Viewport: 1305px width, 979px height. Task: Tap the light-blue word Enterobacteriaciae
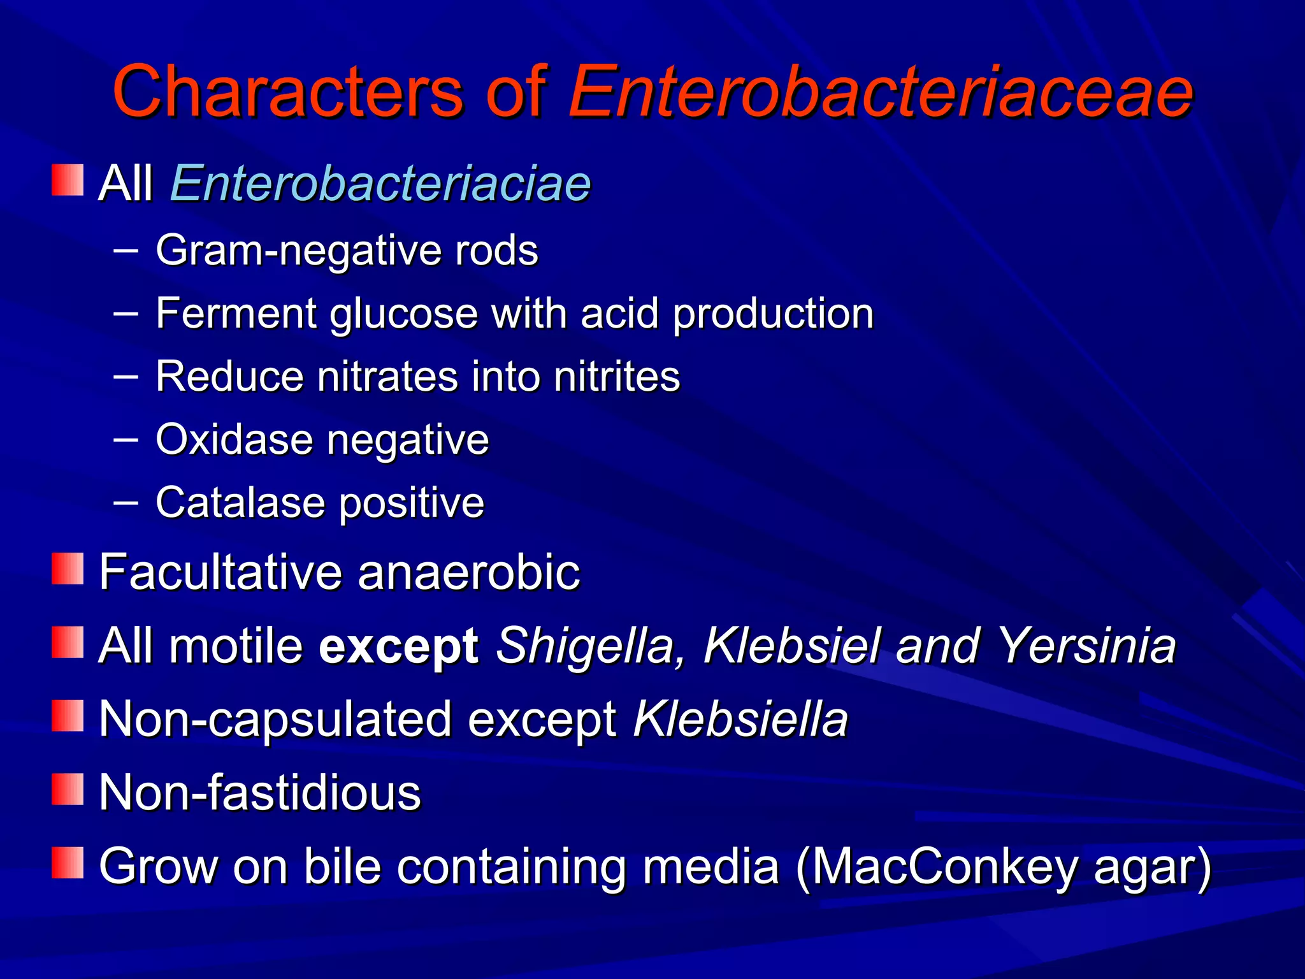[380, 184]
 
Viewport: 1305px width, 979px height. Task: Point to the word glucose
[403, 314]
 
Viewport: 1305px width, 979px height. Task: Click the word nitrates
[387, 376]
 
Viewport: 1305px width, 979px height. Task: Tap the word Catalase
[241, 502]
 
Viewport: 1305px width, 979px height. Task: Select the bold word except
[399, 646]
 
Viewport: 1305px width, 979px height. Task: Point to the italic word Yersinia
[1086, 646]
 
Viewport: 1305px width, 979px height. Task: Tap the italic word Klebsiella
[740, 719]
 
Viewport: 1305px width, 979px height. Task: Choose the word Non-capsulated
[276, 719]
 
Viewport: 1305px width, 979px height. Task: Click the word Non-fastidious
[260, 793]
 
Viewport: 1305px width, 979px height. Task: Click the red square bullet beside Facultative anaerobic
[68, 569]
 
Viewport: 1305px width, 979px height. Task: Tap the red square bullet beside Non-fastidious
[68, 789]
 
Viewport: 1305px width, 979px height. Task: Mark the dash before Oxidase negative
[126, 439]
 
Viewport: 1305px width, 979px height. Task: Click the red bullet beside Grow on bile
[68, 863]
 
